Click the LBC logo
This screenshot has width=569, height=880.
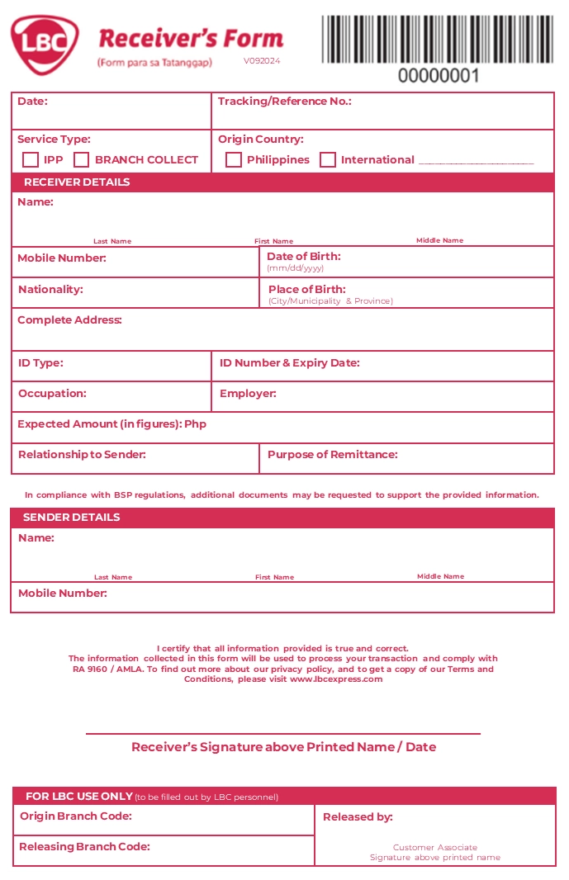coord(45,45)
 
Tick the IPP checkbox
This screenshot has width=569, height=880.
coord(31,160)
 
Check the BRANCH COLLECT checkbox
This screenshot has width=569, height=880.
coord(82,160)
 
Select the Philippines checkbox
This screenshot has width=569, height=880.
coord(234,160)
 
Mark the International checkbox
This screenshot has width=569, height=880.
coord(328,160)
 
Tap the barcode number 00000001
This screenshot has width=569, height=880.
coord(439,76)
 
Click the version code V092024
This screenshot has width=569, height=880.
coord(262,61)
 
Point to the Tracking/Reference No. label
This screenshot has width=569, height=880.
coord(285,102)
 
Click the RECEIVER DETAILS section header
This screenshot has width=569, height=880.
coord(77,182)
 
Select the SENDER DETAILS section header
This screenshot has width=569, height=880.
coord(72,518)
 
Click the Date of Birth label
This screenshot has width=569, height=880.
coord(304,257)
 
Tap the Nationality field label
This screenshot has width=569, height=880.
coord(51,290)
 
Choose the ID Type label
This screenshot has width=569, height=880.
coord(40,363)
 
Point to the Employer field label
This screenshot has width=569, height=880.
coord(248,394)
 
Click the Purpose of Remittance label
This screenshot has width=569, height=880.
coord(333,455)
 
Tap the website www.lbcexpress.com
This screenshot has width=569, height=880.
coord(336,679)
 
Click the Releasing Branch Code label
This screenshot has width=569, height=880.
coord(84,847)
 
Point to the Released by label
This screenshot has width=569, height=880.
coord(358,817)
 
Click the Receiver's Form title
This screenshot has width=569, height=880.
coord(191,39)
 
